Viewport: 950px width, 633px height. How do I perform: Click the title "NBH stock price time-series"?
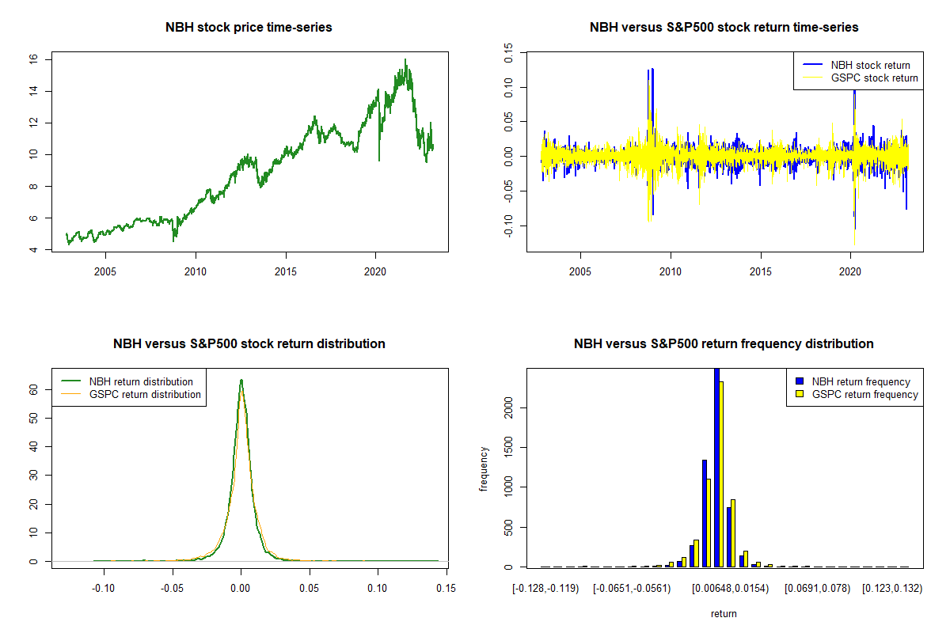click(x=249, y=28)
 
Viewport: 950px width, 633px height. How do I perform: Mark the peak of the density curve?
click(x=241, y=381)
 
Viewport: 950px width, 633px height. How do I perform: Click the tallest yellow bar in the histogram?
click(x=721, y=474)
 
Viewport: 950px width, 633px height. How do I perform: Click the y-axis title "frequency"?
click(x=484, y=468)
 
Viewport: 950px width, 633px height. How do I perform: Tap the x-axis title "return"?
click(x=724, y=613)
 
